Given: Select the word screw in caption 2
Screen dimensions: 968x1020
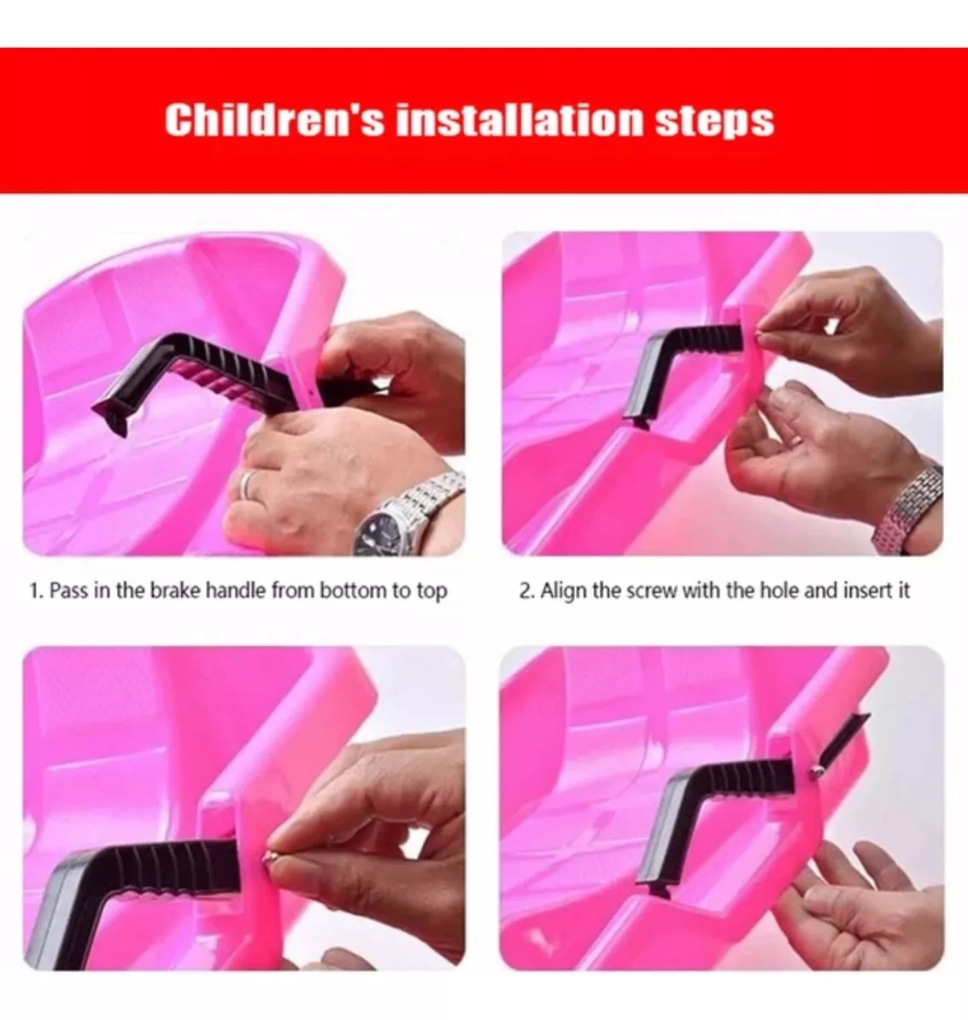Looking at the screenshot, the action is point(650,591).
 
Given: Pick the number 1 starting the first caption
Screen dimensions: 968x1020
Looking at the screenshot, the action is point(34,590).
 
